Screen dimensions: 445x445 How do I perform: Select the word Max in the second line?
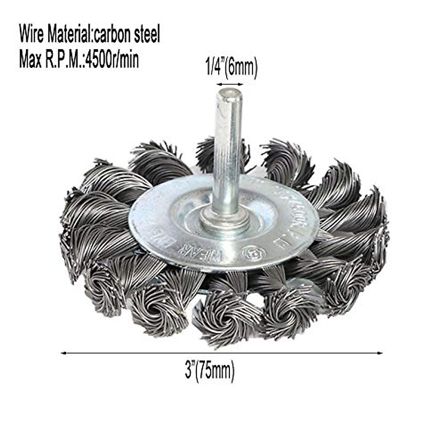pos(30,60)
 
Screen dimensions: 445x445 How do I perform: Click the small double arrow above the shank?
pos(230,84)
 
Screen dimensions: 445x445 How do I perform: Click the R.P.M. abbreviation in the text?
pos(63,60)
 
